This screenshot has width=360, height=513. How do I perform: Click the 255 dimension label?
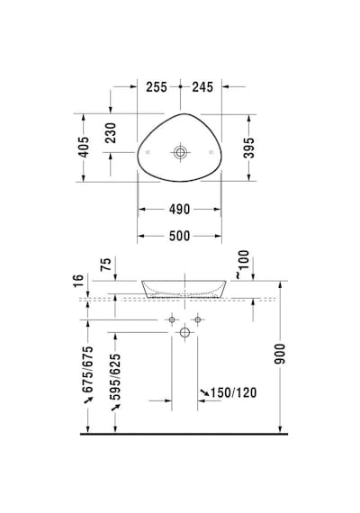pos(157,87)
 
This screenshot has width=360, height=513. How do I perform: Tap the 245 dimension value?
pos(202,87)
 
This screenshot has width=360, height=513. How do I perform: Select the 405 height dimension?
pos(84,147)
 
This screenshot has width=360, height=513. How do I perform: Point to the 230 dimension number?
pos(111,133)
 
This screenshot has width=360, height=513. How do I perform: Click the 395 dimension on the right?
pos(248,148)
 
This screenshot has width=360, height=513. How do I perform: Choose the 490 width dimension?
pos(179,209)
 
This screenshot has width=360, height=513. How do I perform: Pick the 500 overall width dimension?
pos(179,236)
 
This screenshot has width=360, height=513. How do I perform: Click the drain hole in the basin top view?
pos(180,152)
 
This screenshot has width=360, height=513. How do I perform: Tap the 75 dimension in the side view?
pos(106,264)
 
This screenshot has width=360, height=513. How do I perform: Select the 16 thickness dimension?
pos(78,281)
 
